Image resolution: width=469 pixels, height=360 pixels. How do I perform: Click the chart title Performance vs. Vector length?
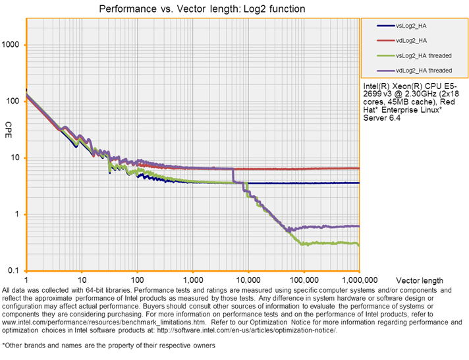(202, 9)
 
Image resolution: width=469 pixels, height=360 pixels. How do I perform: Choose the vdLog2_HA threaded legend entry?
(424, 70)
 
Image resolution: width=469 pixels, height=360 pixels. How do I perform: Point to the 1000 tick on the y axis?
(13, 45)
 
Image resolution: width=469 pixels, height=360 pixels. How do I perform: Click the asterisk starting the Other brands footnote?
(4, 344)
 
